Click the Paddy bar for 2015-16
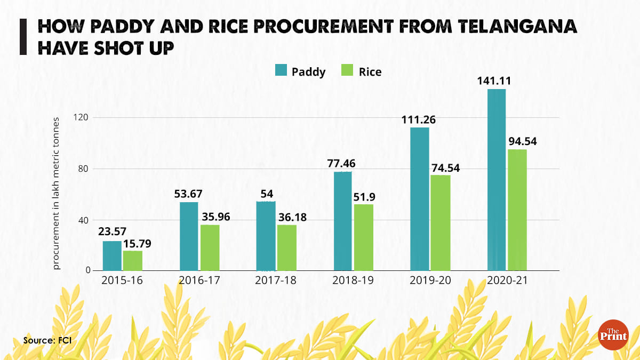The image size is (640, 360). [112, 256]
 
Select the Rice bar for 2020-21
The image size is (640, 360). [517, 210]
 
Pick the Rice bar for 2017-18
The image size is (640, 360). [286, 248]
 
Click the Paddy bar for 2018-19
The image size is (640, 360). [342, 221]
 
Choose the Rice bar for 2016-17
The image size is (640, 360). [210, 248]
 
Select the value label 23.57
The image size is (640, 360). [112, 232]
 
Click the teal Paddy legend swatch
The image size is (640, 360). [281, 71]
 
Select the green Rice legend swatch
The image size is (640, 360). [347, 71]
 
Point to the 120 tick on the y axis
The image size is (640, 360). [81, 117]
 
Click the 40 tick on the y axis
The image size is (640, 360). [83, 220]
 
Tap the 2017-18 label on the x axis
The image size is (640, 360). [276, 281]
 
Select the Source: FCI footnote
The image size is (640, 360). [47, 340]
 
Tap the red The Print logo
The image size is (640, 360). [612, 334]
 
